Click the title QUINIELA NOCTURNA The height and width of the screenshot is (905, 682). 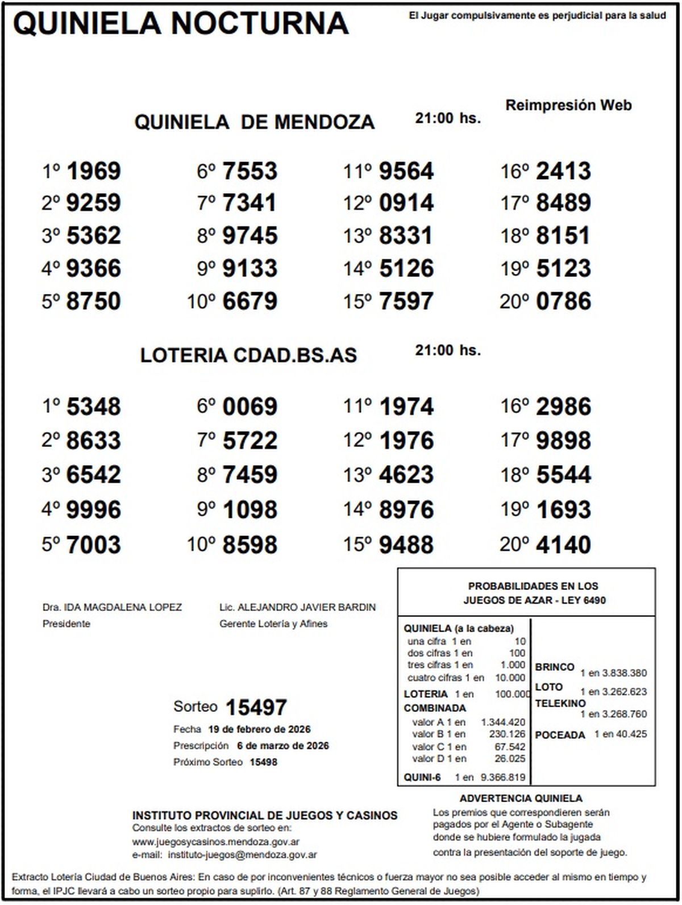pyautogui.click(x=181, y=24)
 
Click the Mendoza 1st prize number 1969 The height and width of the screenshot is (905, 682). pyautogui.click(x=94, y=171)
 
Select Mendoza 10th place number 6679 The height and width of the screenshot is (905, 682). pyautogui.click(x=250, y=301)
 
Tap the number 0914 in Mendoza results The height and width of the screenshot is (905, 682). pyautogui.click(x=406, y=203)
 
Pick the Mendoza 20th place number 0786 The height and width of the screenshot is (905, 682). pyautogui.click(x=563, y=301)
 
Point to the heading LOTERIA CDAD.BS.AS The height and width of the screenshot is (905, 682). pyautogui.click(x=248, y=355)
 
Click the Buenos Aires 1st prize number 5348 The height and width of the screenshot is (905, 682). pyautogui.click(x=94, y=406)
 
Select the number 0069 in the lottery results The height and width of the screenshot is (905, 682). pyautogui.click(x=250, y=406)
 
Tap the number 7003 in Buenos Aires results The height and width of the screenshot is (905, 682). pyautogui.click(x=94, y=545)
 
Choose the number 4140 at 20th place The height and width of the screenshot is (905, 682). pyautogui.click(x=563, y=545)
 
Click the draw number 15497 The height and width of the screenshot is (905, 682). pyautogui.click(x=256, y=708)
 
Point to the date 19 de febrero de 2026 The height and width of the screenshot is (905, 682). pyautogui.click(x=259, y=729)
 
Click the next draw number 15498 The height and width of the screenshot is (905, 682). pyautogui.click(x=264, y=762)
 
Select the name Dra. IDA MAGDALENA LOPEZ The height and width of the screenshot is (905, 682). pyautogui.click(x=112, y=607)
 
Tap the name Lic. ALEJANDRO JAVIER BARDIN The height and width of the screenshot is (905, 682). pyautogui.click(x=297, y=607)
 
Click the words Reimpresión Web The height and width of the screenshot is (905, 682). pyautogui.click(x=568, y=105)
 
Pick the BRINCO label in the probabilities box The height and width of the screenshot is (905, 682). pyautogui.click(x=555, y=667)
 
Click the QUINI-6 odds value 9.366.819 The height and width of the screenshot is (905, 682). pyautogui.click(x=503, y=777)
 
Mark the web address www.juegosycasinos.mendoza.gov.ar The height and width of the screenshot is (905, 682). pyautogui.click(x=216, y=842)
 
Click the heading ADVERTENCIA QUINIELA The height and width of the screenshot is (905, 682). pyautogui.click(x=521, y=799)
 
